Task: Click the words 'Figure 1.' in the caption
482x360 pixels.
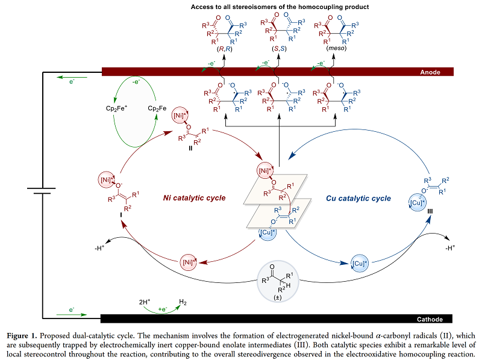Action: tap(21, 334)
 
